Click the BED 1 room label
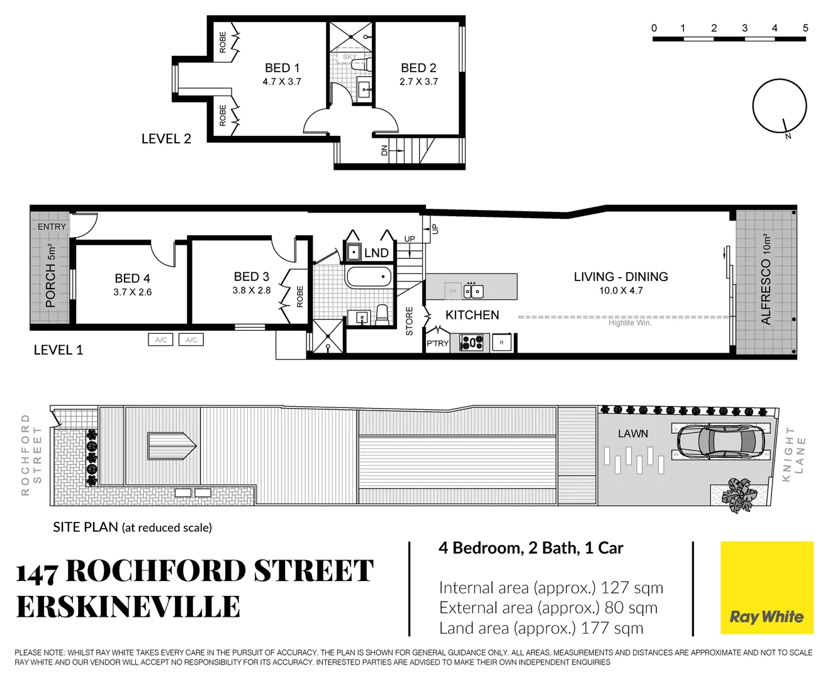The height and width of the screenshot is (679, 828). [282, 68]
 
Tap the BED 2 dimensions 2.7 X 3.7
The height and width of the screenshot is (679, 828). [418, 82]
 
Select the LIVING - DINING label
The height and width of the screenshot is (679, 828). [620, 277]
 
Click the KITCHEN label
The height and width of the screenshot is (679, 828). [472, 315]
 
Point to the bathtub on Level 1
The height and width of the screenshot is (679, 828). [369, 277]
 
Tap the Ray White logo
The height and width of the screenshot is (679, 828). [766, 588]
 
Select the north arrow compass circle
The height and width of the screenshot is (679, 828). [780, 106]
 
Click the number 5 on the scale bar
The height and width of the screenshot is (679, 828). [805, 28]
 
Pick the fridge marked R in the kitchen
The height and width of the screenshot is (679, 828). [501, 343]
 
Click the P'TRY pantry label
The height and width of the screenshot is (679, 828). [437, 343]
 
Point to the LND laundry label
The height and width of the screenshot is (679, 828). [376, 253]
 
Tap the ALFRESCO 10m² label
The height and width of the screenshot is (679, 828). [766, 280]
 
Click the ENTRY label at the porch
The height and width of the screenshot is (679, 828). [52, 226]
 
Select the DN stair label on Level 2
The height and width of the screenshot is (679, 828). [384, 150]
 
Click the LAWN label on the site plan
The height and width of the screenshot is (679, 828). [632, 434]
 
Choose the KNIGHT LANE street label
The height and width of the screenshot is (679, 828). [794, 455]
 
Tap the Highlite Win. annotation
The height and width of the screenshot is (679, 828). [629, 323]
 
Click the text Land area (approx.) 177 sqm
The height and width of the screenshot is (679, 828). [541, 628]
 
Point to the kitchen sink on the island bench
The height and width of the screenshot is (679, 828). [473, 291]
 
